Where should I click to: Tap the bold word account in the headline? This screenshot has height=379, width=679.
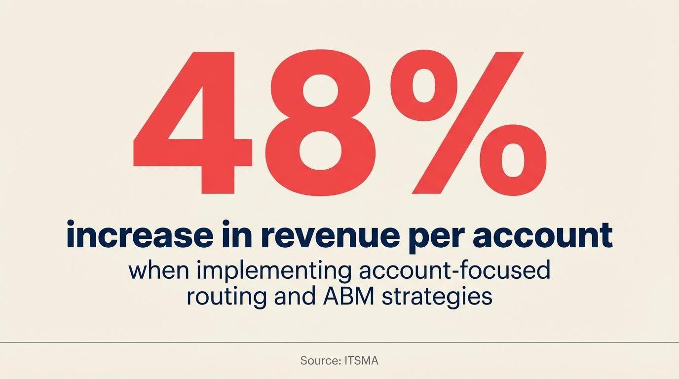coord(542,236)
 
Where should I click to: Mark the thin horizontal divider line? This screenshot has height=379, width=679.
coord(339,342)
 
